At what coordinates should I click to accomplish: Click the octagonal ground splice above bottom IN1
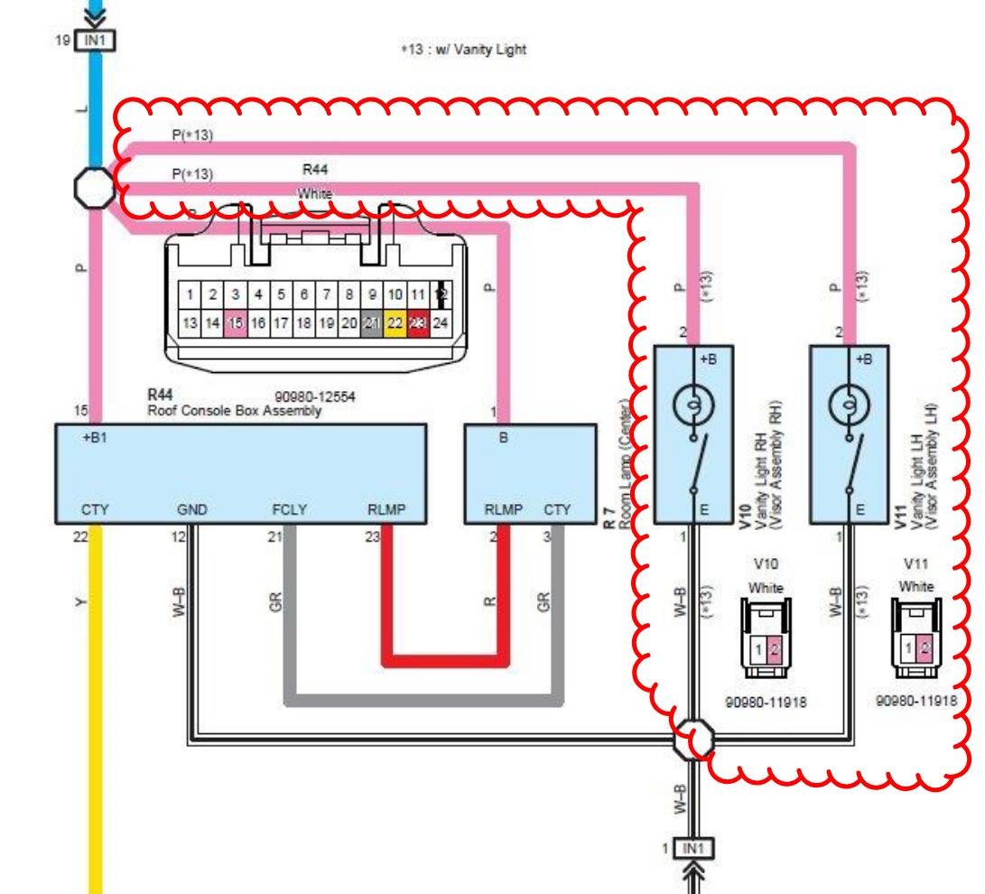pyautogui.click(x=693, y=740)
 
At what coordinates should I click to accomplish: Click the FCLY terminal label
pyautogui.click(x=290, y=510)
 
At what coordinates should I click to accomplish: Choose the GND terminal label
pyautogui.click(x=192, y=510)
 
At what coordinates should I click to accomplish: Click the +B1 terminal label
pyautogui.click(x=94, y=438)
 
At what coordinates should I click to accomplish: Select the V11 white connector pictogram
pyautogui.click(x=915, y=638)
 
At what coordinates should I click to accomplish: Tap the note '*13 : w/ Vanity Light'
pyautogui.click(x=463, y=51)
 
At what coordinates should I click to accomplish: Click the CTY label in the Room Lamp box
pyautogui.click(x=557, y=510)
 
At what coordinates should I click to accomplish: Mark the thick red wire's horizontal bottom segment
pyautogui.click(x=442, y=659)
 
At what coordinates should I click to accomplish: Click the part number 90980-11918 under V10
pyautogui.click(x=765, y=702)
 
